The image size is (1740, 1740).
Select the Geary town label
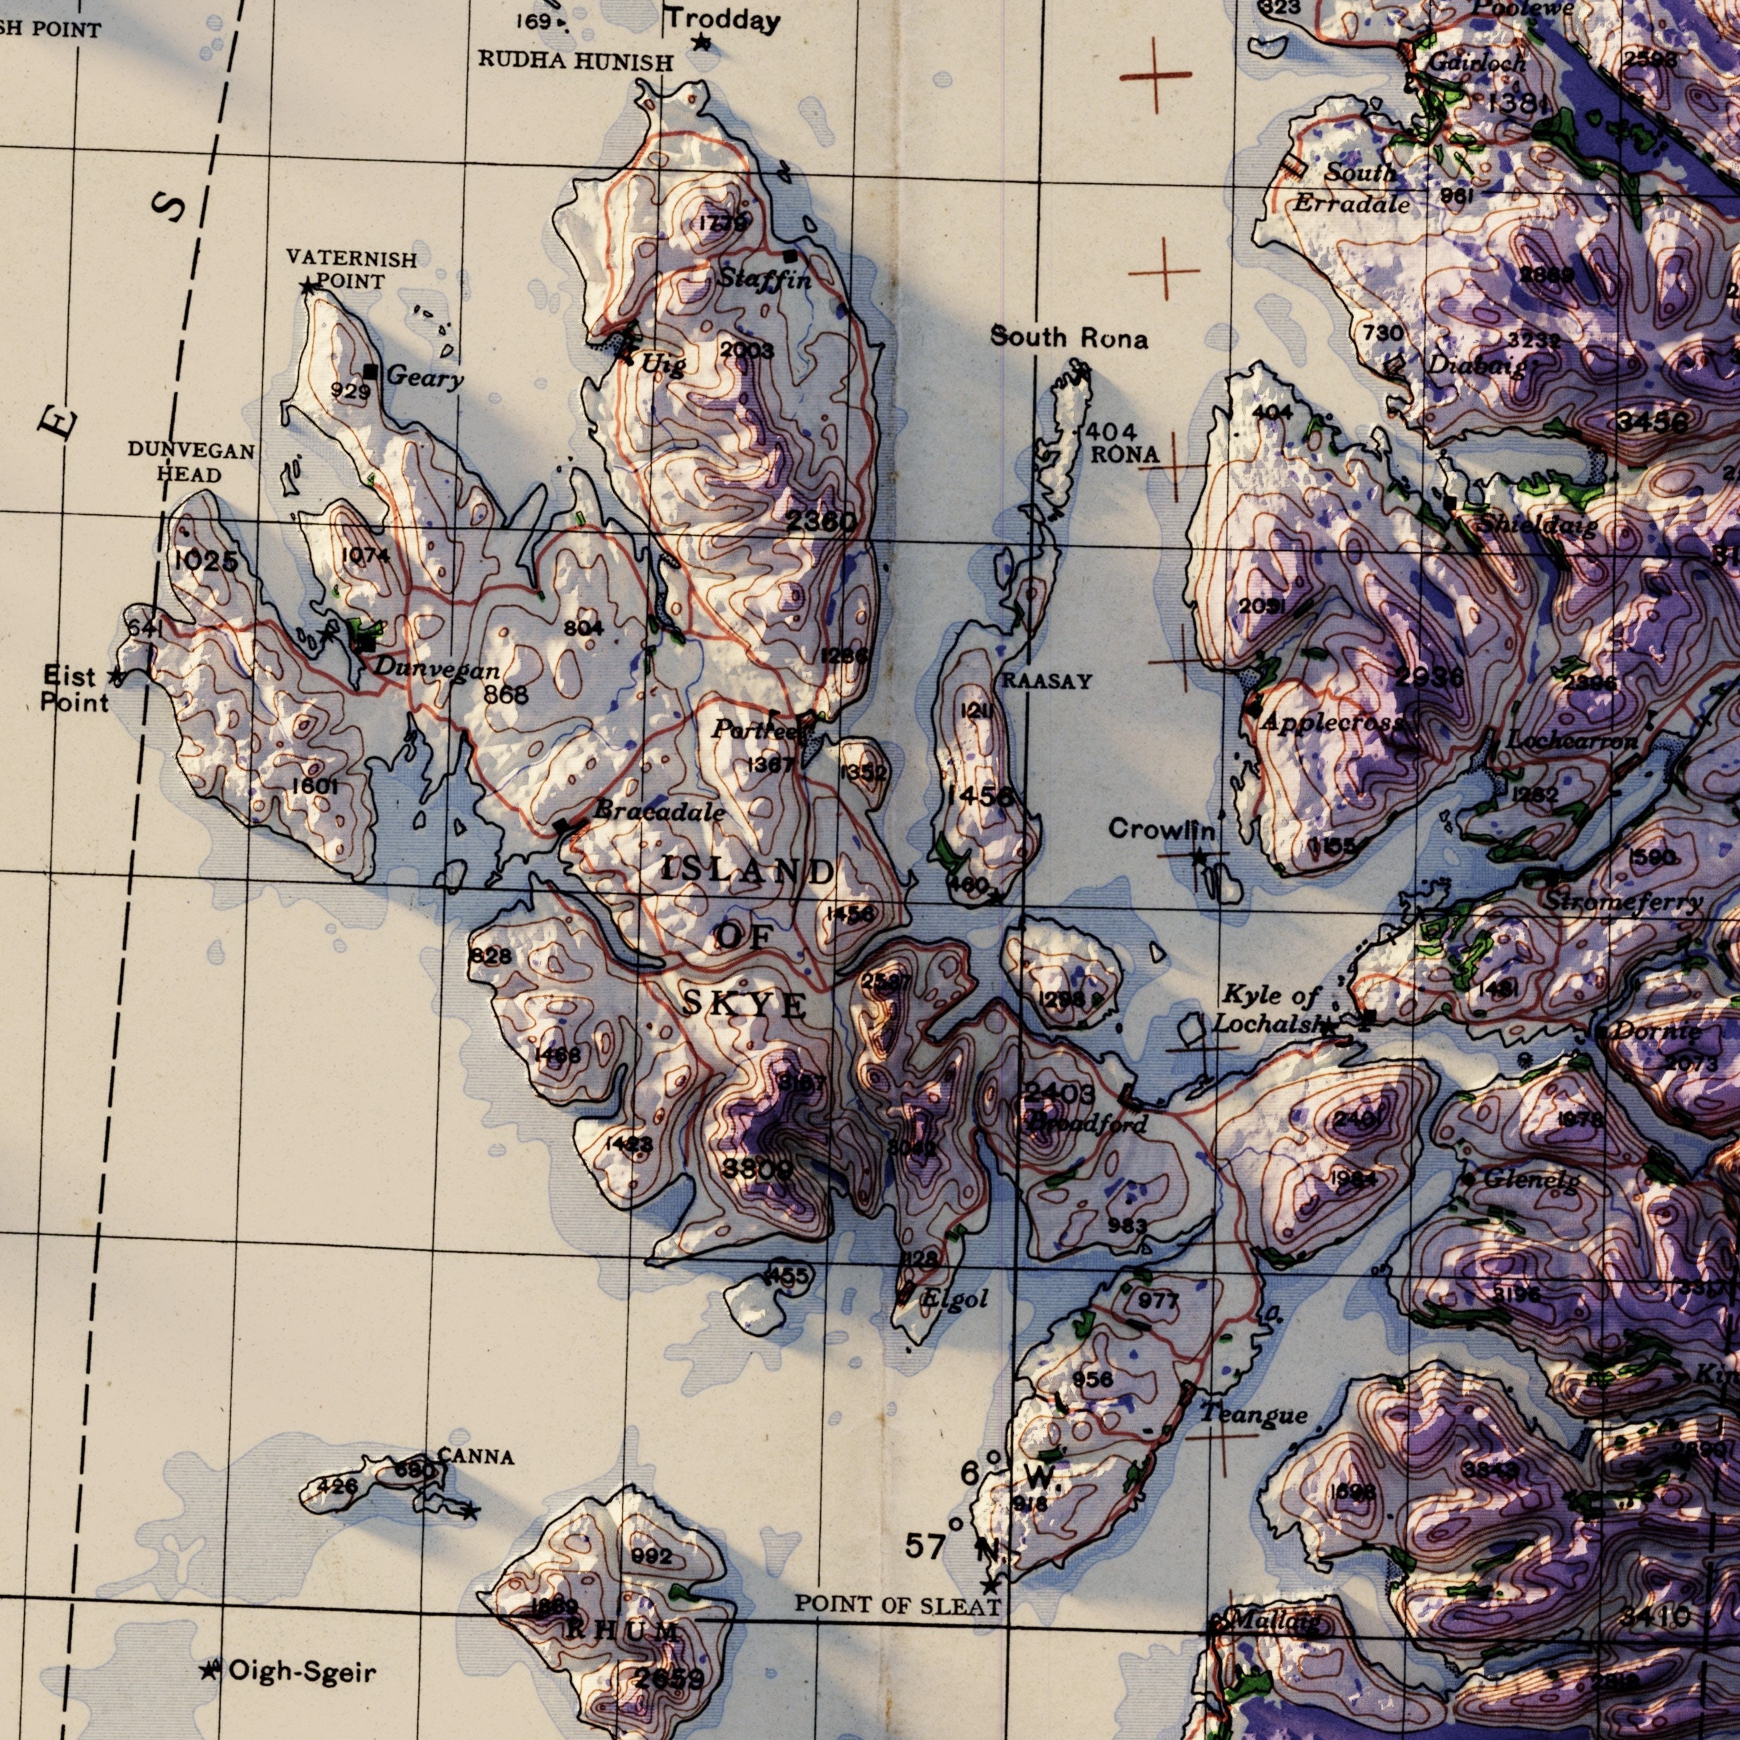(425, 378)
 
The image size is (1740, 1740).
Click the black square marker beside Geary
(370, 371)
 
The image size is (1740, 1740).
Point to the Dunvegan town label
(437, 668)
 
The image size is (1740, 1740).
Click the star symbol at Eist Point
(114, 675)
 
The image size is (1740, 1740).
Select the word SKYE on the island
(745, 1004)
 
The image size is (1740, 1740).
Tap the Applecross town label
(1333, 723)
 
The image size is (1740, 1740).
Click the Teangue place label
(1253, 1415)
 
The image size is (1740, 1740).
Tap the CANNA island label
(477, 1457)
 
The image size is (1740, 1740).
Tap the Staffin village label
(765, 280)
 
